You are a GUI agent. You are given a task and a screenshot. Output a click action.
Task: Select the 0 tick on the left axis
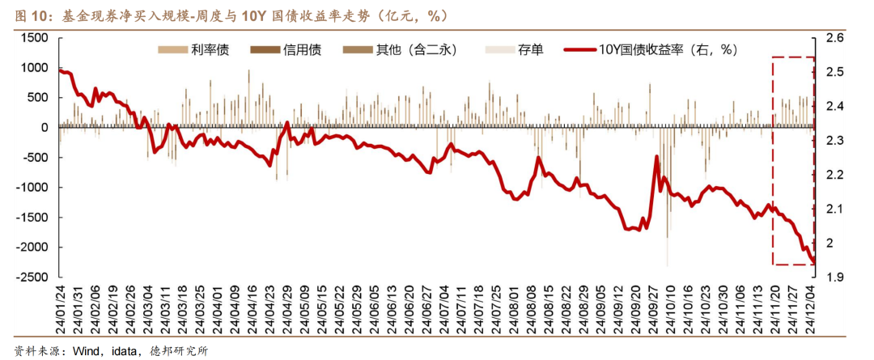click(x=45, y=127)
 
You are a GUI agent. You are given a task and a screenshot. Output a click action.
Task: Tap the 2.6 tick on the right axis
click(x=834, y=38)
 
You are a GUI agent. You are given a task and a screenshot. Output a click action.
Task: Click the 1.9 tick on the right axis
click(x=834, y=277)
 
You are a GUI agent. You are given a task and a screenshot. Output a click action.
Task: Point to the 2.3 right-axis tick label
click(x=834, y=141)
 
